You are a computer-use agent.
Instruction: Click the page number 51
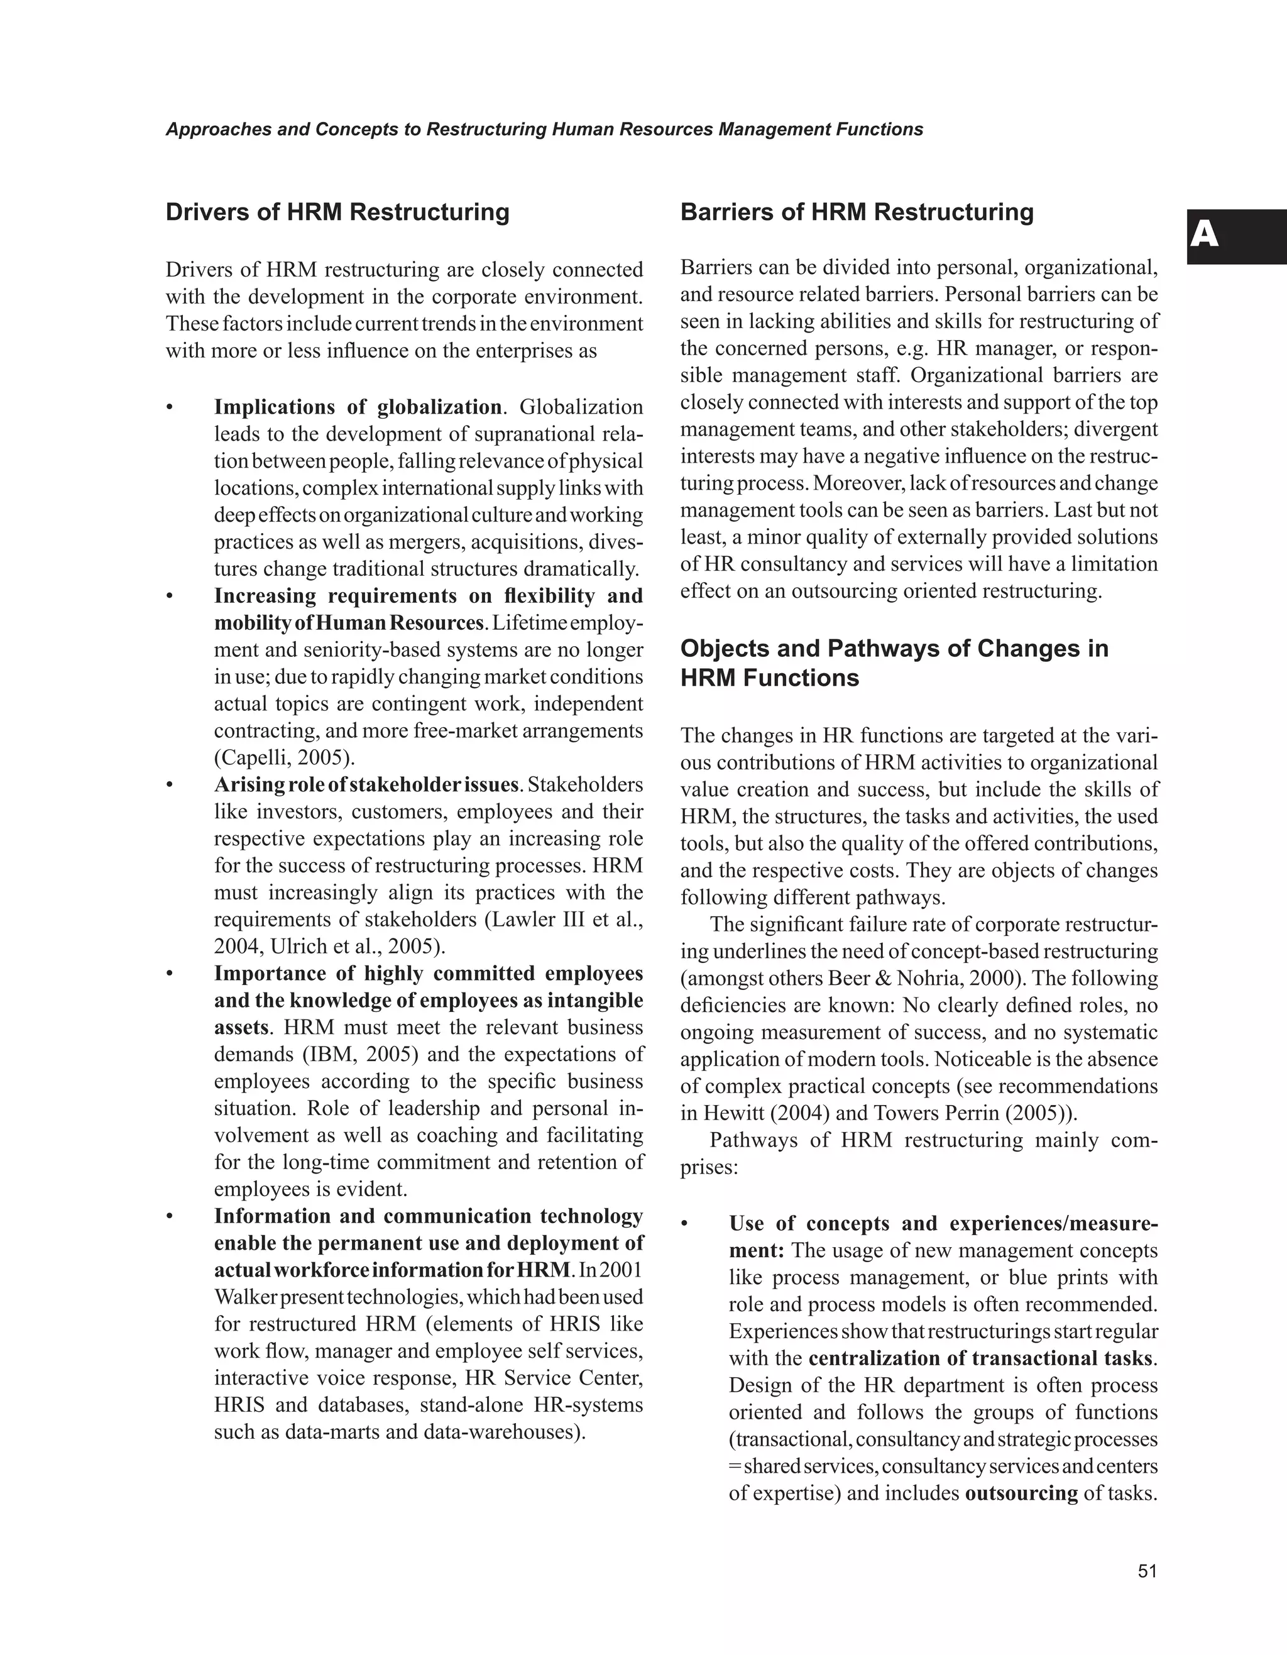click(x=1147, y=1571)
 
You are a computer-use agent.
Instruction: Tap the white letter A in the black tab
click(x=1205, y=236)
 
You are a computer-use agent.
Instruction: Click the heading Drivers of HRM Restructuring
click(x=337, y=212)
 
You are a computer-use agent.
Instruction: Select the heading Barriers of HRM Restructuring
click(x=857, y=212)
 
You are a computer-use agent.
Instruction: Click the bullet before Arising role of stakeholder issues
click(x=170, y=785)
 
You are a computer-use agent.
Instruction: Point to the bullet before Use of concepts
click(x=685, y=1224)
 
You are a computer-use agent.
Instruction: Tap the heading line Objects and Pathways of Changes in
click(x=894, y=649)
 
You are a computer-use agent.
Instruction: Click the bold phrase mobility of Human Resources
click(x=348, y=624)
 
